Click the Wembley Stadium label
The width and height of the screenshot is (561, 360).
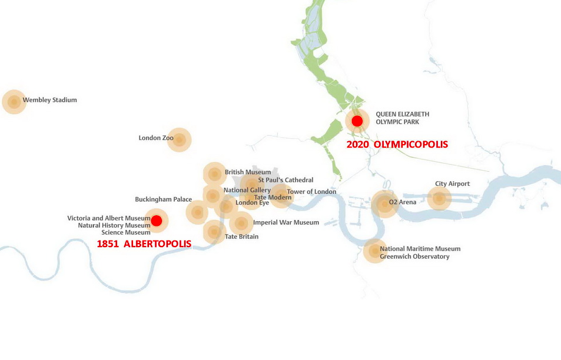point(49,100)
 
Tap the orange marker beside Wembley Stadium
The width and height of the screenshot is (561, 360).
point(14,102)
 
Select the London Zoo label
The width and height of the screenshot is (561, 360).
point(156,138)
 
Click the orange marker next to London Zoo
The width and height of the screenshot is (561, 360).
point(180,140)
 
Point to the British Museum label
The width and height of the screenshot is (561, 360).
point(247,172)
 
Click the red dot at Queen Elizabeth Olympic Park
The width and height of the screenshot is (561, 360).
point(357,121)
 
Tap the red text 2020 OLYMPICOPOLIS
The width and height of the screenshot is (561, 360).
point(397,144)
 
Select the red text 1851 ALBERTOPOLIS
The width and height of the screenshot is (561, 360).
point(144,244)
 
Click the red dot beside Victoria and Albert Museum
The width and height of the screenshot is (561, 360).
point(156,221)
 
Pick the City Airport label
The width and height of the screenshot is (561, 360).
point(452,184)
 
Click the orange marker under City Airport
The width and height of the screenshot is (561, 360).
point(439,198)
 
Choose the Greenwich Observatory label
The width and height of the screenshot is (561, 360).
point(414,256)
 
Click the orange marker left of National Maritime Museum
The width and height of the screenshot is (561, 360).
point(374,251)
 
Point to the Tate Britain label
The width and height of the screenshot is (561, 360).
point(241,237)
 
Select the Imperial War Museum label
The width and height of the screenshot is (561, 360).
point(286,222)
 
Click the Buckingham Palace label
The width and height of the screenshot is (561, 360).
point(163,199)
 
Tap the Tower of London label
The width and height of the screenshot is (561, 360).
point(311,192)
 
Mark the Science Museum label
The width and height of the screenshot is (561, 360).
point(126,232)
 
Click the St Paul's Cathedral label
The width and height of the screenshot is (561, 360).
point(286,180)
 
